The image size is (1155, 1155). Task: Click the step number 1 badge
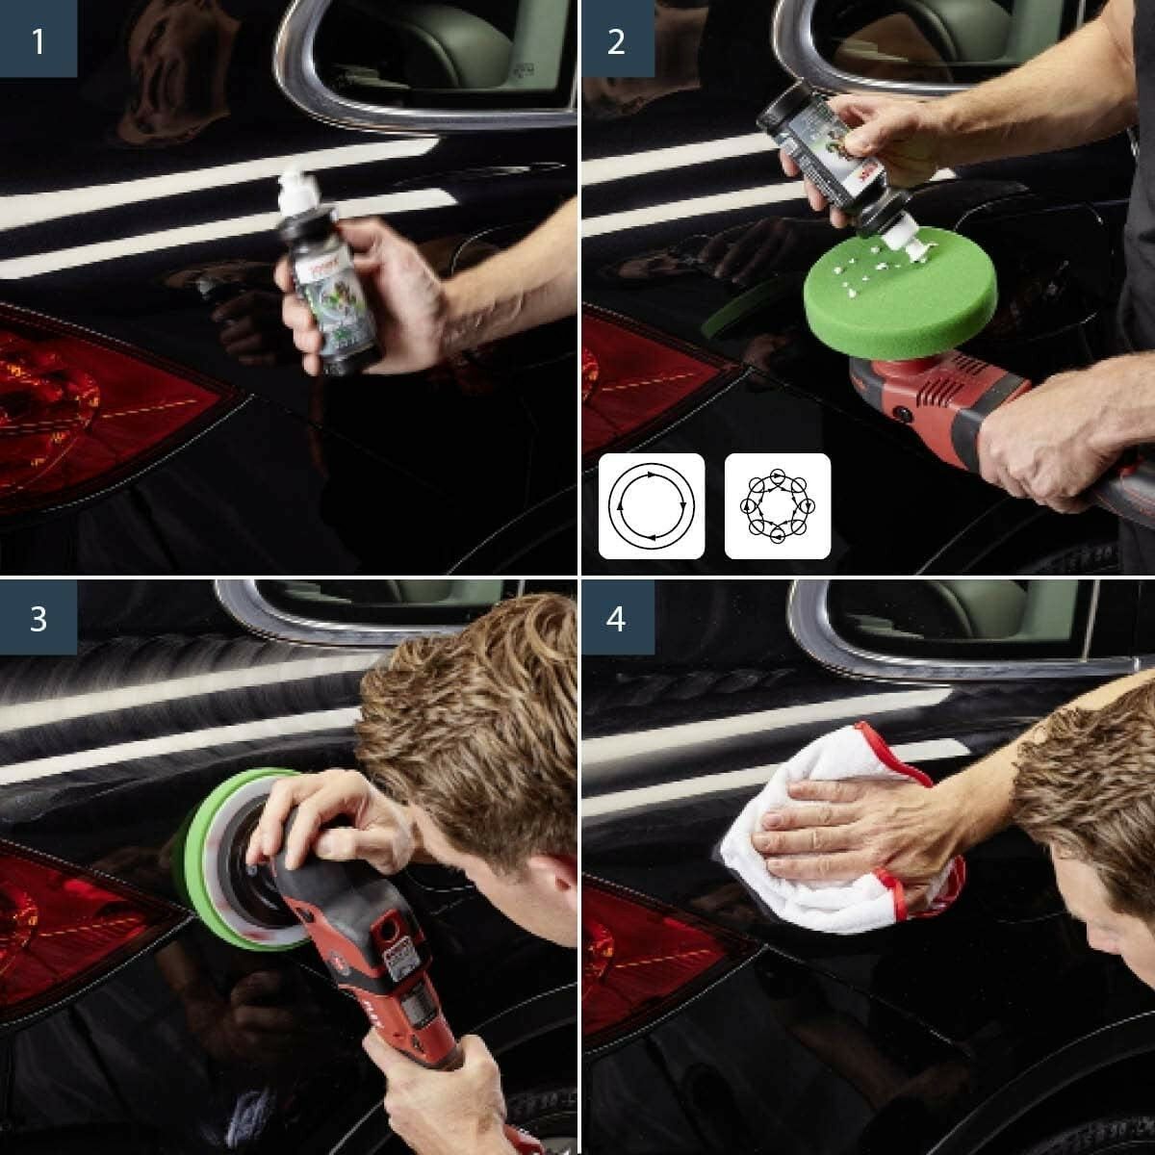click(x=38, y=40)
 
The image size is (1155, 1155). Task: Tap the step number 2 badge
click(x=617, y=40)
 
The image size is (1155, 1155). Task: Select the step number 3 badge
click(x=38, y=618)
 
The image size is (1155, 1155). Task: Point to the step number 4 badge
click(x=617, y=618)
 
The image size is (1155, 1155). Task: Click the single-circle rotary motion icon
click(x=652, y=505)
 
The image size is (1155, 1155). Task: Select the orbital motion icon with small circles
click(x=777, y=505)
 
